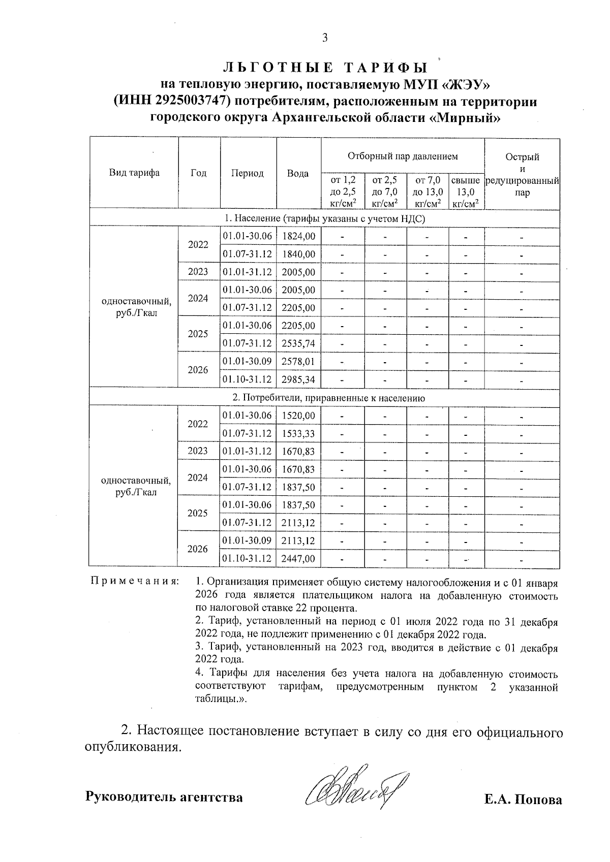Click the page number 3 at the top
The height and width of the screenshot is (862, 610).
pyautogui.click(x=325, y=38)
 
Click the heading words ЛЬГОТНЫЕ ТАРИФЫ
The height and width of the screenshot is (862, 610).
pyautogui.click(x=325, y=68)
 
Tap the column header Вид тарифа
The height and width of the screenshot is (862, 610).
pyautogui.click(x=134, y=173)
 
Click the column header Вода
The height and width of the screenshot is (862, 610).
pyautogui.click(x=298, y=174)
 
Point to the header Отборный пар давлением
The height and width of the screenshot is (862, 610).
pyautogui.click(x=403, y=156)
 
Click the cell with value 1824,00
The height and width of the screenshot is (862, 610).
pyautogui.click(x=298, y=236)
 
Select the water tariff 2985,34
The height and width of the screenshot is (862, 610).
pyautogui.click(x=298, y=379)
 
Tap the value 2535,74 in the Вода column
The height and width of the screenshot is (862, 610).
pyautogui.click(x=298, y=343)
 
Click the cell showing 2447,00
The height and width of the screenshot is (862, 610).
pyautogui.click(x=298, y=559)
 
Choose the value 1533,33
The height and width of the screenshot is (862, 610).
pyautogui.click(x=298, y=433)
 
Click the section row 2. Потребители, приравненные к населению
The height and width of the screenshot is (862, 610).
pyautogui.click(x=325, y=398)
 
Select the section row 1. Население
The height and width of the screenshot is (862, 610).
pyautogui.click(x=325, y=218)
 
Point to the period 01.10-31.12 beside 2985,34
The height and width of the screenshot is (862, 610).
pyautogui.click(x=248, y=379)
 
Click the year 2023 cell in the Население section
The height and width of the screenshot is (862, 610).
pyautogui.click(x=198, y=272)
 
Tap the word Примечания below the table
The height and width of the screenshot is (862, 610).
pyautogui.click(x=134, y=581)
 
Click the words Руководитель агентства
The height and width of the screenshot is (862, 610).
pyautogui.click(x=164, y=797)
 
